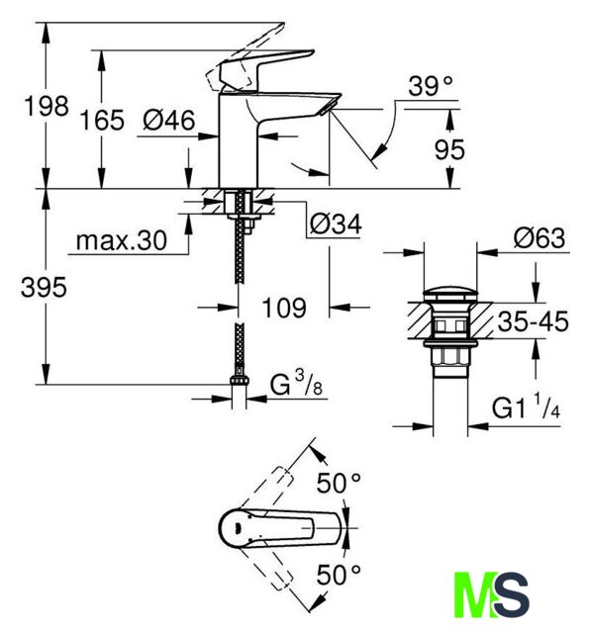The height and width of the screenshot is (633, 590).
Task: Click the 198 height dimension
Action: (47, 106)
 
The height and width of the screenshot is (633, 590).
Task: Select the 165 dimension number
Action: (102, 121)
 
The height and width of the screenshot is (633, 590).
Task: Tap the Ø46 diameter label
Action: (169, 120)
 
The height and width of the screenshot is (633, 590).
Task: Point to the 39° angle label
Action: (431, 86)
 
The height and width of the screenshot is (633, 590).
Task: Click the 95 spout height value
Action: (449, 149)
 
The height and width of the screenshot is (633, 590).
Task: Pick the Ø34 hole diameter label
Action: (336, 225)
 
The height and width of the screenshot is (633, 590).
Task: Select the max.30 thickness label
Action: (121, 240)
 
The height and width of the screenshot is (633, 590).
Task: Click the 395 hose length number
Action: (44, 288)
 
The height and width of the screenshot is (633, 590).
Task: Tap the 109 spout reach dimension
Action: (284, 308)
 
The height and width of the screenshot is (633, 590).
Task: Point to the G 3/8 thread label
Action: (296, 384)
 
